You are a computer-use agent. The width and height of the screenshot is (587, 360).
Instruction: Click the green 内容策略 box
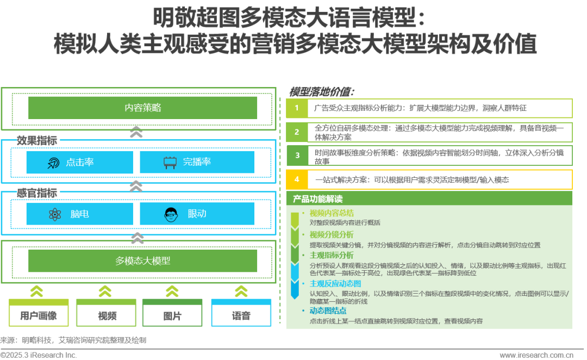click(x=143, y=107)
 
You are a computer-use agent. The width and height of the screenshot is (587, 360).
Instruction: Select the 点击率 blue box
click(x=79, y=162)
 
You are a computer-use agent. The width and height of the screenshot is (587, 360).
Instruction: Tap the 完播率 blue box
click(x=197, y=162)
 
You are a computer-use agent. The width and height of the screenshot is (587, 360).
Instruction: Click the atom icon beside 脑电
click(x=55, y=214)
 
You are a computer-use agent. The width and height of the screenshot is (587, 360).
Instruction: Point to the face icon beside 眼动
click(x=170, y=214)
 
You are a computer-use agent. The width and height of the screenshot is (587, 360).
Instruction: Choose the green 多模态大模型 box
click(x=143, y=261)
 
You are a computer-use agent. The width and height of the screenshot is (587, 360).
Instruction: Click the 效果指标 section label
click(x=37, y=140)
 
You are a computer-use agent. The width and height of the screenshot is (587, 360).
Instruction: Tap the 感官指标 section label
click(x=37, y=193)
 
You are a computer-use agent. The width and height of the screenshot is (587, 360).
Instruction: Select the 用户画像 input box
click(x=39, y=315)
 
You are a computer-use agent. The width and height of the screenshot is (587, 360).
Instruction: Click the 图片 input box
click(x=172, y=315)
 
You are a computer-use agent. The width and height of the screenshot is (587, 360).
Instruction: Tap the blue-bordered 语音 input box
click(x=241, y=315)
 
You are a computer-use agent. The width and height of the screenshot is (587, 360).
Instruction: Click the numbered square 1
click(x=297, y=108)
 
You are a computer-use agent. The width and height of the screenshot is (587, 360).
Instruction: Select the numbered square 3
click(x=297, y=156)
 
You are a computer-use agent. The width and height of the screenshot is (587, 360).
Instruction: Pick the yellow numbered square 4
click(x=297, y=179)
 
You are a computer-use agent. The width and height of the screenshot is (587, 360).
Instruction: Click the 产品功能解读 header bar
click(x=429, y=199)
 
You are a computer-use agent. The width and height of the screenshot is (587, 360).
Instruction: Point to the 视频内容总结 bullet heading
click(x=332, y=213)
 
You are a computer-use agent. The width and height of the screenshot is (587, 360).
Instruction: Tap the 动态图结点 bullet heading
click(x=328, y=311)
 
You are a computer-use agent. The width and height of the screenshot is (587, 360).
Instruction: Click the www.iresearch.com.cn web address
click(x=536, y=355)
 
